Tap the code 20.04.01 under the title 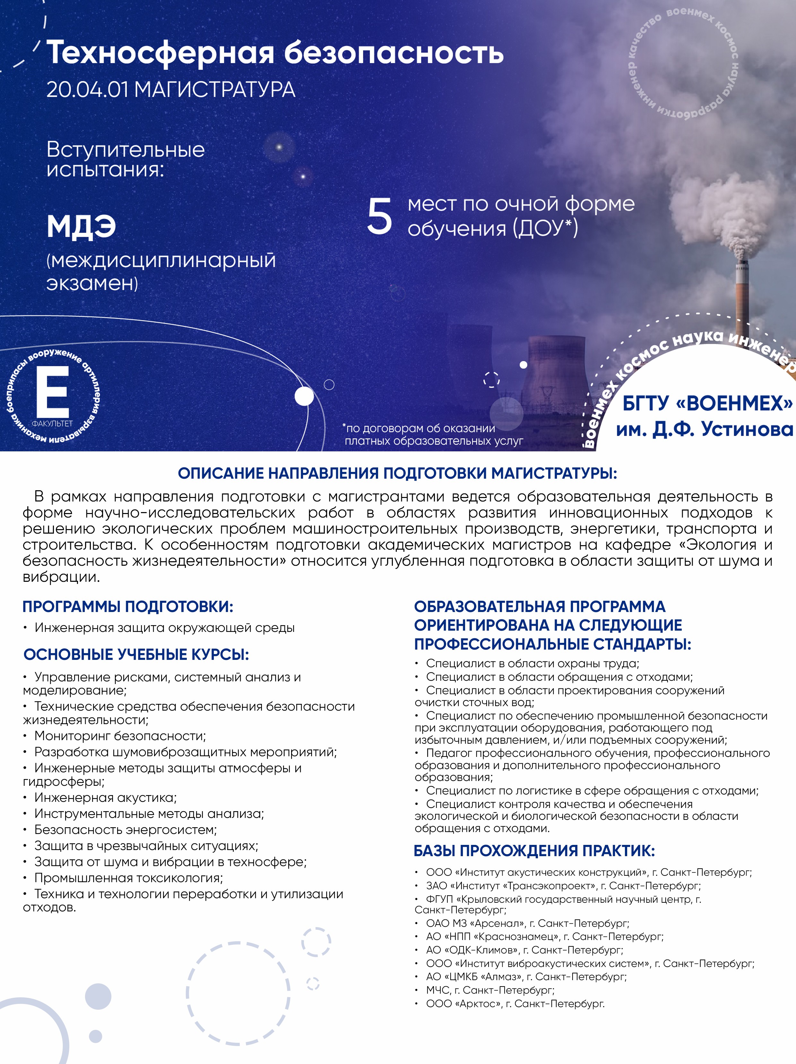(87, 90)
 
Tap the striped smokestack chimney (742, 293)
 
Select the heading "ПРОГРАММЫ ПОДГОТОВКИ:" (128, 607)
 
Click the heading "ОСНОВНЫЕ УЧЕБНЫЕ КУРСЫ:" (136, 655)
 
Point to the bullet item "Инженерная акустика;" (105, 798)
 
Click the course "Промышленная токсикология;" (128, 878)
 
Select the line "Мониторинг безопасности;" (120, 736)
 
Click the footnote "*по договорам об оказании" (420, 428)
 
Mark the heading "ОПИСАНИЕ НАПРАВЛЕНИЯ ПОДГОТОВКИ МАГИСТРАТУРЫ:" (398, 473)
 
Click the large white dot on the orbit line (304, 396)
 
